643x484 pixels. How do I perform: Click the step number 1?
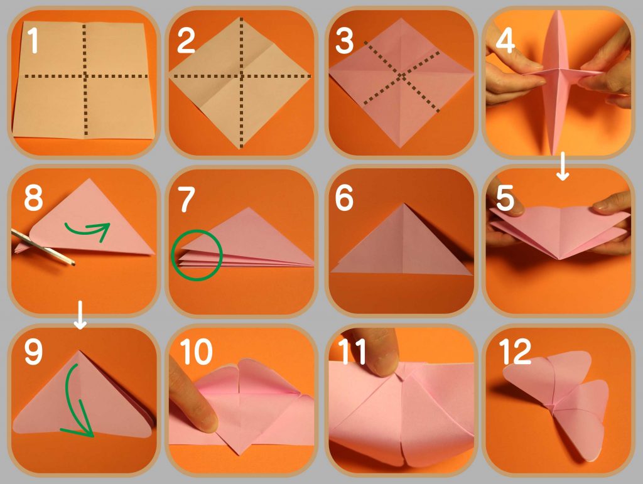[x=33, y=42]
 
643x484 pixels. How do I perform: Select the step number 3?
[x=344, y=42]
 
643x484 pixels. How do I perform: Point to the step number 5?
[x=505, y=199]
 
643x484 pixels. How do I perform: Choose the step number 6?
[x=344, y=199]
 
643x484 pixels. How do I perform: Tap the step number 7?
[x=186, y=199]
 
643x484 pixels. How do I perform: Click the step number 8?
[x=33, y=199]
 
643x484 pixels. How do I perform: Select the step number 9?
[x=33, y=353]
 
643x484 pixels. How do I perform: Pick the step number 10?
[x=196, y=353]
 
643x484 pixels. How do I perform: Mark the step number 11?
[x=353, y=353]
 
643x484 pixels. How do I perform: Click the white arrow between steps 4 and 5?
[x=563, y=166]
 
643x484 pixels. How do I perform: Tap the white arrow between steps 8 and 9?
[x=80, y=315]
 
